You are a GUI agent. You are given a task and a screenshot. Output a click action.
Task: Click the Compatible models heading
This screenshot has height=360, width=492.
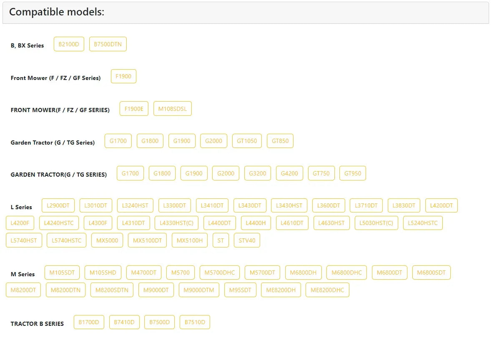56,12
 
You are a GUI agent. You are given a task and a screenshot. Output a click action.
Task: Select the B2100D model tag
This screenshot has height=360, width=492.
69,44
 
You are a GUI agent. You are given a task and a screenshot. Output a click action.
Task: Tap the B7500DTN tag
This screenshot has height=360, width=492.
108,44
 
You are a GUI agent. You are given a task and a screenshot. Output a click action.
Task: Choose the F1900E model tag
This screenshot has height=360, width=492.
134,109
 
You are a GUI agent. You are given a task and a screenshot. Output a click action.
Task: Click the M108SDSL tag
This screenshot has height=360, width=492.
173,109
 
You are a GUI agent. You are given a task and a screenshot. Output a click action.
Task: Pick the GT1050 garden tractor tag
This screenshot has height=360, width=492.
247,141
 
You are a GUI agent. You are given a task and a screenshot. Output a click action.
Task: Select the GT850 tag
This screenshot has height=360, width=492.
280,141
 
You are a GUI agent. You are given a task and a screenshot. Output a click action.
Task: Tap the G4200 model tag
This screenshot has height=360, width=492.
289,173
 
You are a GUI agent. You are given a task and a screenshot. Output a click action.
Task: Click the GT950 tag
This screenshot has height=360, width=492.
353,173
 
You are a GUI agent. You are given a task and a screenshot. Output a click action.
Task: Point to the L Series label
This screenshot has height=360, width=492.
21,207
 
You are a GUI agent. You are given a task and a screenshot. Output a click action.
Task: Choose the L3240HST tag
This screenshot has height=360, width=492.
135,206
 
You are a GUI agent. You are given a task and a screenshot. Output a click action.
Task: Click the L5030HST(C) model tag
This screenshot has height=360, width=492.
376,223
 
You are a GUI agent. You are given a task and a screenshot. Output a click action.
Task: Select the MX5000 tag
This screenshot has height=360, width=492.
107,240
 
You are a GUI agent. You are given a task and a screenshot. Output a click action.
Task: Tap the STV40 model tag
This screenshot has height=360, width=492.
247,240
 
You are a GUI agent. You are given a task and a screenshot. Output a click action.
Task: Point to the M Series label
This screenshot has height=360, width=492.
23,275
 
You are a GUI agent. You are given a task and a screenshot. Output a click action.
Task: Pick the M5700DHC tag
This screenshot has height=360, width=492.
220,273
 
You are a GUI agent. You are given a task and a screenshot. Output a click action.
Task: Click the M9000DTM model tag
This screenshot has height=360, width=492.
199,290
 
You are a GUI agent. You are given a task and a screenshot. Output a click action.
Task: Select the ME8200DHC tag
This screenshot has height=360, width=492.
327,290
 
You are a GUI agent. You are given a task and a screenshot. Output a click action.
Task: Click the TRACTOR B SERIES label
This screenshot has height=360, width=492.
37,324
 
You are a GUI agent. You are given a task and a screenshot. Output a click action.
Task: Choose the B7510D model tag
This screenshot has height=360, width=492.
195,322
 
